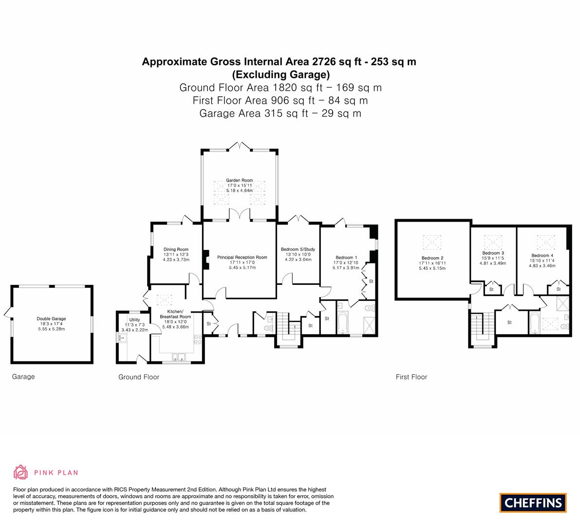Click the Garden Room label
239,181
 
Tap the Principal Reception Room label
243,258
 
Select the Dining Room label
176,250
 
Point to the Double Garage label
52,319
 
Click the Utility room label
134,320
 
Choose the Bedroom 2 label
432,258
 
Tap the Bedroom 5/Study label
298,250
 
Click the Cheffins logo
533,503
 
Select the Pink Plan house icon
21,472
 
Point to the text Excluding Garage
281,75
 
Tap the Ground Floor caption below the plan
139,377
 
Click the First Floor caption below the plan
412,377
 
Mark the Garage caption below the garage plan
23,376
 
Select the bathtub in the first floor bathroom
534,323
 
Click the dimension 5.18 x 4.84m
240,190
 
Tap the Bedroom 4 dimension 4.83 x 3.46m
543,265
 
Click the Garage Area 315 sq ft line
281,113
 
